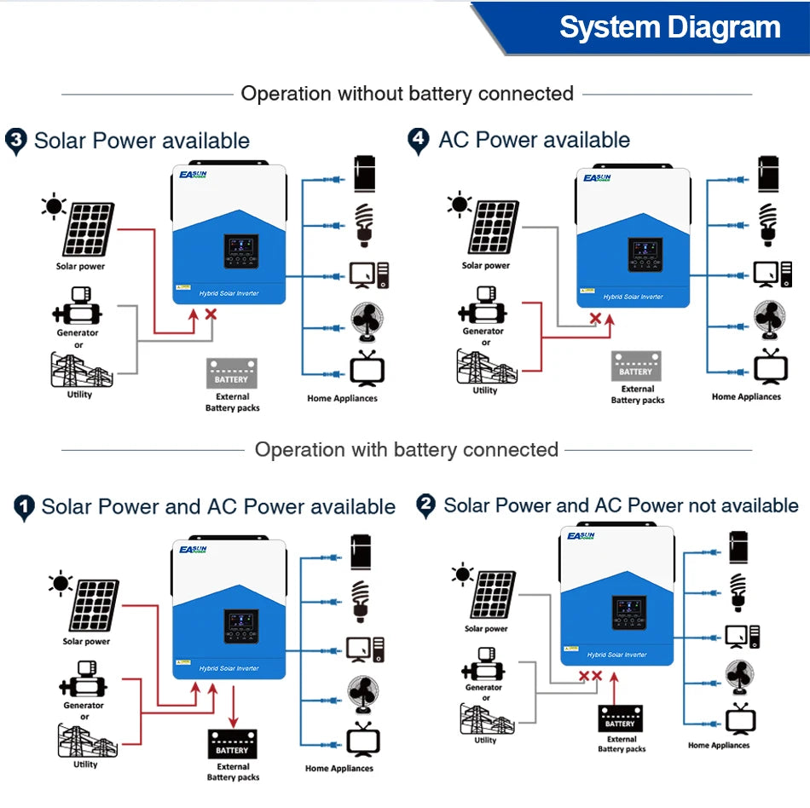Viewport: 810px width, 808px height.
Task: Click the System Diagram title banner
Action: (669, 27)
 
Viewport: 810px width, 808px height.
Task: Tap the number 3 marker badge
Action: (15, 141)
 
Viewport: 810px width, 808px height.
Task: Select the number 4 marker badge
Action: (418, 140)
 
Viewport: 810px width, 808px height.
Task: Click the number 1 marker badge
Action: (25, 508)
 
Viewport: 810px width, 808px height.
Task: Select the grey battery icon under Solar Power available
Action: (231, 373)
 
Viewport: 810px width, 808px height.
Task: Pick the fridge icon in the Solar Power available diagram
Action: (365, 175)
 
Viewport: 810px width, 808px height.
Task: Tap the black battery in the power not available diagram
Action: (620, 719)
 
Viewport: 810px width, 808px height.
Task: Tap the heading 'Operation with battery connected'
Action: (406, 449)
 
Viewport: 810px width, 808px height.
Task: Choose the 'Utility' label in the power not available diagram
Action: (485, 740)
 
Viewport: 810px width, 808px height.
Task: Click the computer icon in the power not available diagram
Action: (742, 636)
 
